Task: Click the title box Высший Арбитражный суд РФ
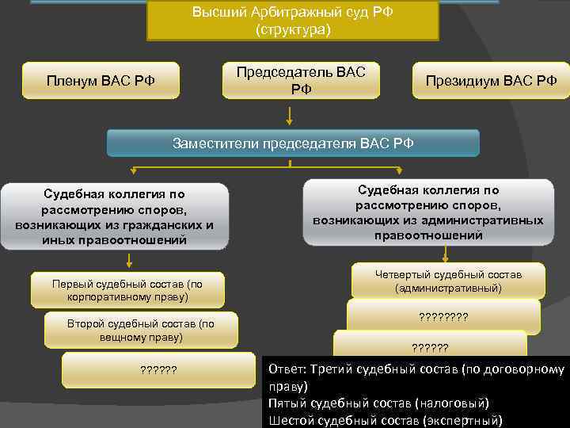(x=293, y=21)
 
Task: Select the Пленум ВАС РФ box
(x=101, y=80)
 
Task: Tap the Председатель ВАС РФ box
(x=301, y=80)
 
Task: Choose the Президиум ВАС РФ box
(x=491, y=80)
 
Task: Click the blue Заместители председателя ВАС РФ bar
(x=293, y=143)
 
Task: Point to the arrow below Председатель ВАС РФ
(x=291, y=115)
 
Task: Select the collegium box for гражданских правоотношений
(x=114, y=216)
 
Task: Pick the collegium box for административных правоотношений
(x=428, y=212)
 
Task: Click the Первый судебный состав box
(x=127, y=290)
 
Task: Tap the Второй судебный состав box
(x=141, y=330)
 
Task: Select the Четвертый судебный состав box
(x=448, y=281)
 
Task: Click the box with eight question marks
(x=443, y=316)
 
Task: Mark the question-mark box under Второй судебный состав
(x=158, y=369)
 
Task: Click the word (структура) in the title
(x=293, y=30)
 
